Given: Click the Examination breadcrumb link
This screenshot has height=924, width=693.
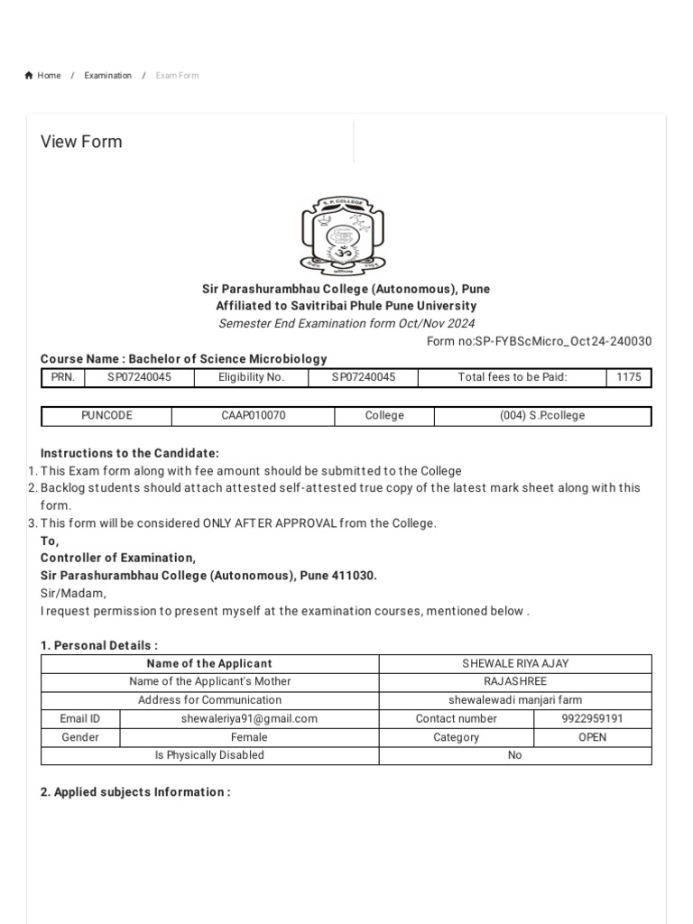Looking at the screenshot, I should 107,76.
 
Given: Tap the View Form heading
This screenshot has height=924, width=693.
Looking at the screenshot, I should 81,142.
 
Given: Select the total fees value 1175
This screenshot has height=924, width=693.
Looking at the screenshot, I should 629,377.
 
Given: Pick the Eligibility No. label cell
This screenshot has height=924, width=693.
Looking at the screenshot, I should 251,377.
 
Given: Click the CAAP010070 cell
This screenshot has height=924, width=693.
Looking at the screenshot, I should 253,416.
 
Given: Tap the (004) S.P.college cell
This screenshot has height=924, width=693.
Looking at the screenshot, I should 542,416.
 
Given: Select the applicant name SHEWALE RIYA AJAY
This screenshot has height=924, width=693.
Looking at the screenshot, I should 515,663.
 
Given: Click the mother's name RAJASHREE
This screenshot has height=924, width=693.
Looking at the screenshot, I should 515,681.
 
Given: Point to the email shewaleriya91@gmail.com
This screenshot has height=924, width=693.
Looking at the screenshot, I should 249,718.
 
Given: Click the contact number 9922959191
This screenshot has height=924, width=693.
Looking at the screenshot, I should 592,718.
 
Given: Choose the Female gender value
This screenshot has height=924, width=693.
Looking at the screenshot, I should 249,737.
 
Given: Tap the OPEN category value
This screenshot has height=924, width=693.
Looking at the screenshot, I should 592,737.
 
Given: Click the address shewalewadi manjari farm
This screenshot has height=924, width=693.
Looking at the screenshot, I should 515,699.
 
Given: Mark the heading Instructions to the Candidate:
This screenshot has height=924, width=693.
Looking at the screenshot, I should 130,453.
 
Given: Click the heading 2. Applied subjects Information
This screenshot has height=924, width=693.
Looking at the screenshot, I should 135,792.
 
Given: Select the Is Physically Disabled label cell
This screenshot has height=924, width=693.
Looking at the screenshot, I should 209,755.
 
